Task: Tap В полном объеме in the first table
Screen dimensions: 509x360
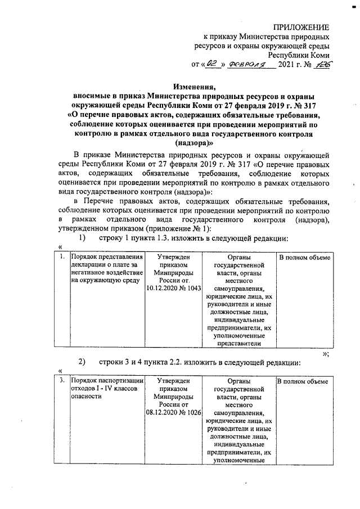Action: point(304,258)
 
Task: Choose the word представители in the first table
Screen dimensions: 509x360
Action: point(238,341)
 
